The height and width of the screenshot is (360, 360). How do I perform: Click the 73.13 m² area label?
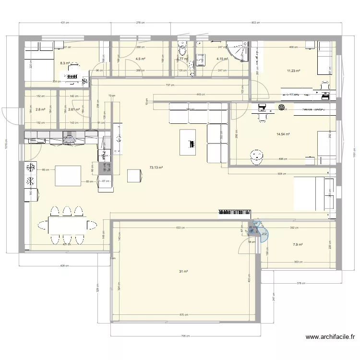click(x=156, y=168)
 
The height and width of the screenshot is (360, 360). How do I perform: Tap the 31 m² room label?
click(x=183, y=272)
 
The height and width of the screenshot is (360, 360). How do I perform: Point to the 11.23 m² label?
click(x=293, y=71)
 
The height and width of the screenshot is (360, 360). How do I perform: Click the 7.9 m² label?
click(x=298, y=244)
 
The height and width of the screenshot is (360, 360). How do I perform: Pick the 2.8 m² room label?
click(x=40, y=109)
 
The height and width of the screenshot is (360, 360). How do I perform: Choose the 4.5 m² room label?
click(x=141, y=59)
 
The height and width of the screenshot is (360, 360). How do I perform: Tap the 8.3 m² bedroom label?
click(x=65, y=63)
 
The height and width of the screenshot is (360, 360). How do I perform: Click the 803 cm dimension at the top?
click(x=257, y=22)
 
